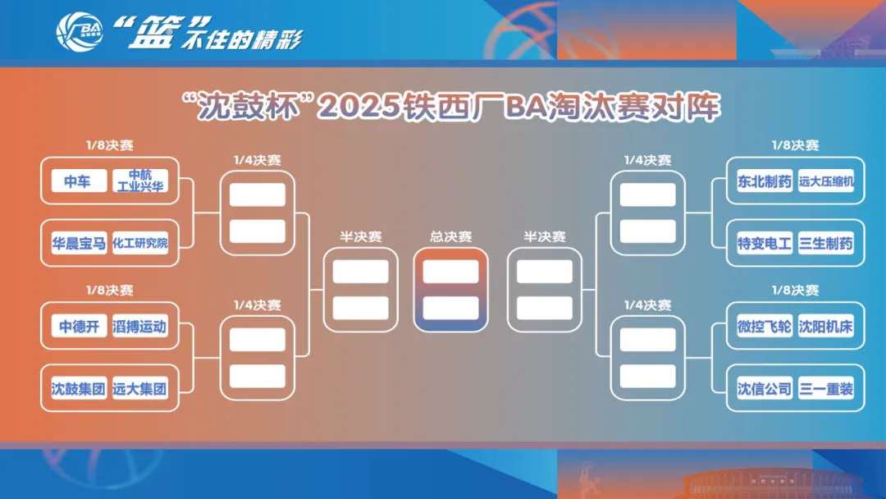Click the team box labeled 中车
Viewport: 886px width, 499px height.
79,181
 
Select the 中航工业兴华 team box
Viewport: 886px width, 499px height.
140,181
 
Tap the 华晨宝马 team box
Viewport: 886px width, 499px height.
79,243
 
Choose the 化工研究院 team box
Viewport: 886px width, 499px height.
140,243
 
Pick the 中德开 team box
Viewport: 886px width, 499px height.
79,326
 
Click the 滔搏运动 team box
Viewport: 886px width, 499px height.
140,326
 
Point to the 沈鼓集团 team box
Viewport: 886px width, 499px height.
79,388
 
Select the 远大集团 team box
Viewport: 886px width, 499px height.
140,388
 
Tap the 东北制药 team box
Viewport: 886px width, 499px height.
765,181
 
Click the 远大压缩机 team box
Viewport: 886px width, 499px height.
825,181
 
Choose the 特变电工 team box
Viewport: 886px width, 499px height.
765,243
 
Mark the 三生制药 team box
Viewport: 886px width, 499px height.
825,243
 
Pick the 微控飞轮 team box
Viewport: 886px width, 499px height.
765,326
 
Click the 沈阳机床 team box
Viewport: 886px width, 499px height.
825,326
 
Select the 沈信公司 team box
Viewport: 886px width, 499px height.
765,388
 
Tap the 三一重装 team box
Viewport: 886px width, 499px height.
825,388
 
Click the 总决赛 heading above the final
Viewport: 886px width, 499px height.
450,236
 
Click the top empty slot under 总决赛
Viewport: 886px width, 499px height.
451,272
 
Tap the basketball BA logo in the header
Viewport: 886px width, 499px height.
80,32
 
